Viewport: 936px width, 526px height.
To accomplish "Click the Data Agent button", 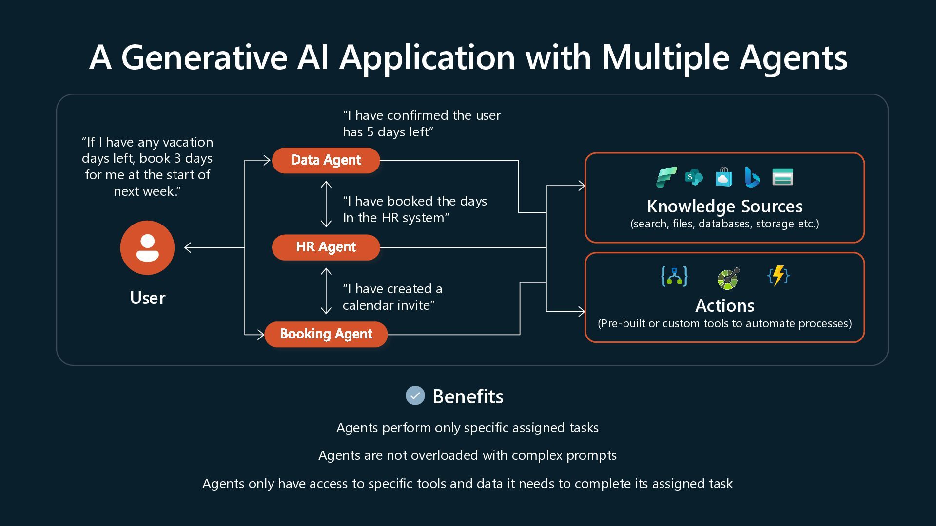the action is point(326,160).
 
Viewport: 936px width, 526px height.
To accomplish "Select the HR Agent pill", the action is point(326,247).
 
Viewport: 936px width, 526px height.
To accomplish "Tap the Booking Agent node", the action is point(326,334).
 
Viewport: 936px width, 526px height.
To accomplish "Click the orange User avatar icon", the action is point(147,247).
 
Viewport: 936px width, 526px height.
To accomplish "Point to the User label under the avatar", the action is point(148,298).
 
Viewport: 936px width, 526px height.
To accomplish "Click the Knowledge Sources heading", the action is point(724,207).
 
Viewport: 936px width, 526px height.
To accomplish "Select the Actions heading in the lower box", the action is point(724,305).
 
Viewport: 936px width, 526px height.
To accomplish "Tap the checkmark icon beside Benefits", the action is point(415,395).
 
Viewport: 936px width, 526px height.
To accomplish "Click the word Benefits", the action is point(468,396).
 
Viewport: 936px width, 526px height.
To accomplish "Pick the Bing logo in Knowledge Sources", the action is point(752,177).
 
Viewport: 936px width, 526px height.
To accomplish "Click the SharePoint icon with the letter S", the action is point(694,177).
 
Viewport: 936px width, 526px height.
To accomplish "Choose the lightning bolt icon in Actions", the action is point(779,276).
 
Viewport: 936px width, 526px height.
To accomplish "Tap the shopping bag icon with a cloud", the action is point(724,177).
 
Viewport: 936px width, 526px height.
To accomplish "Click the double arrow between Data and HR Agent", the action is point(326,204).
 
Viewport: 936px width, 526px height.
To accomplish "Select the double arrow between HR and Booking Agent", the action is point(326,291).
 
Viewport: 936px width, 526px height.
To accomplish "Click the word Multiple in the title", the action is point(665,57).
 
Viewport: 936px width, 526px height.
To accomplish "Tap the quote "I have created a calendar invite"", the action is point(392,297).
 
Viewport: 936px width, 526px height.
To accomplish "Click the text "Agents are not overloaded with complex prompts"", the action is point(468,455).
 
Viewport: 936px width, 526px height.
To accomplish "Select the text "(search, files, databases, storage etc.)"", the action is point(724,224).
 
